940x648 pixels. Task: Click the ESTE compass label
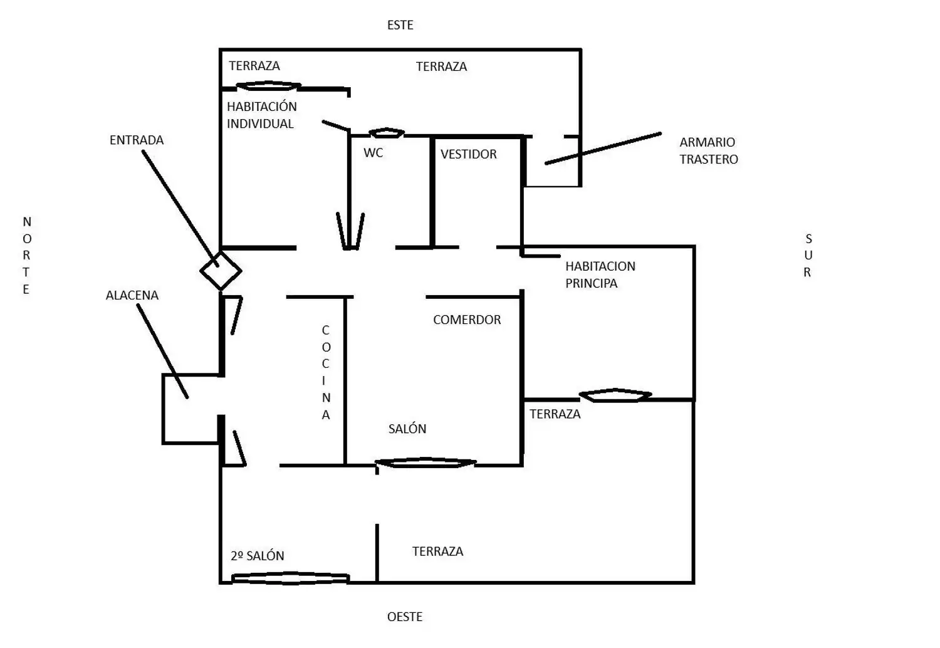tap(400, 25)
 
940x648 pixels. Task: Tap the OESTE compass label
tap(405, 617)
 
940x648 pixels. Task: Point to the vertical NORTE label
tap(26, 255)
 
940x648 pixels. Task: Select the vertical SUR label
tap(808, 255)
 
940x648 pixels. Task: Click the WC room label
tap(373, 153)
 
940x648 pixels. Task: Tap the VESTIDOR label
tap(468, 154)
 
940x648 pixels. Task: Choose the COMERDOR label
tap(467, 320)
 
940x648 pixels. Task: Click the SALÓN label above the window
tap(407, 429)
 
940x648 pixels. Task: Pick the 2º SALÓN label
tap(257, 556)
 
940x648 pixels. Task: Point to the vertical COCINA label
tap(326, 372)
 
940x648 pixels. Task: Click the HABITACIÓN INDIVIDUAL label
tap(261, 115)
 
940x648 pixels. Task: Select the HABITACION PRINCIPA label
tap(600, 274)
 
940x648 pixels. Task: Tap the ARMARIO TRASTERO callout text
tap(708, 150)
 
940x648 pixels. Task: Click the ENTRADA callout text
tap(137, 140)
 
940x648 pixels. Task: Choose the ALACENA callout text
tap(132, 295)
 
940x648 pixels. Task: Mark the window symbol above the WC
tap(387, 133)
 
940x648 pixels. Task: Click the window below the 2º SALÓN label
tap(290, 578)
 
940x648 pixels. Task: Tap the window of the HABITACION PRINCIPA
tap(615, 395)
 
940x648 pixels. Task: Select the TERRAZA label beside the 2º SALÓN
tap(437, 551)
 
